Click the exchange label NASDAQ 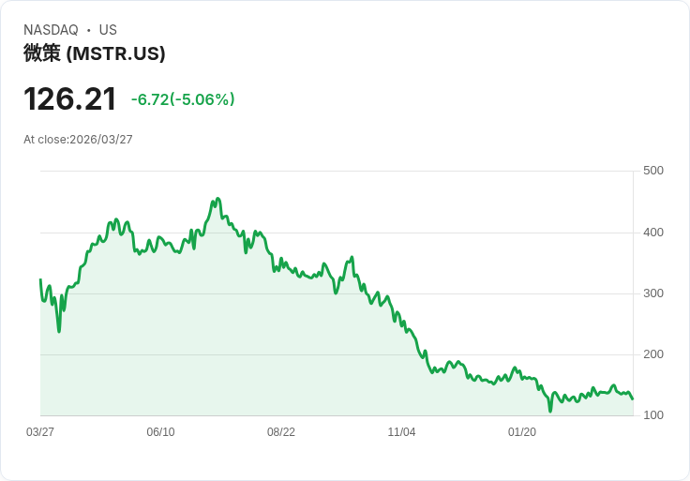(x=51, y=30)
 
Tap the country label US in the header (x=108, y=30)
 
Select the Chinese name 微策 (x=42, y=53)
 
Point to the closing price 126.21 (x=70, y=99)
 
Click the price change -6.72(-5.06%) (x=183, y=99)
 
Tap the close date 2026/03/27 (x=101, y=140)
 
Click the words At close (x=45, y=140)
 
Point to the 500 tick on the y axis (x=653, y=171)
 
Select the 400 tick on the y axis (x=653, y=233)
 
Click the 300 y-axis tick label (x=653, y=293)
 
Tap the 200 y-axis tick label (x=653, y=354)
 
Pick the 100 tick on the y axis (x=653, y=415)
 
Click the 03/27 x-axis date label (x=40, y=432)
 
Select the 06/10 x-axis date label (x=160, y=432)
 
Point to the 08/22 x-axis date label (x=281, y=432)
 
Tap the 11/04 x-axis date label (x=401, y=432)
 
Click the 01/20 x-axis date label (x=522, y=432)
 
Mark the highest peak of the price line (x=217, y=199)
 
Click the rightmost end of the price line (x=633, y=399)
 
